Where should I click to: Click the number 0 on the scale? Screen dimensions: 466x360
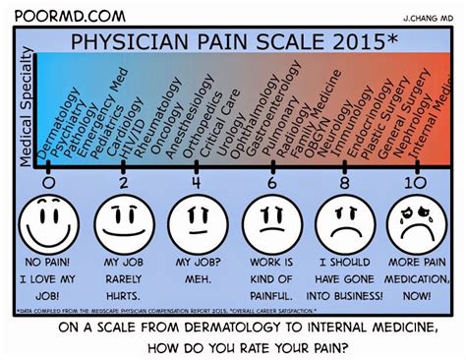[x=49, y=182]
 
